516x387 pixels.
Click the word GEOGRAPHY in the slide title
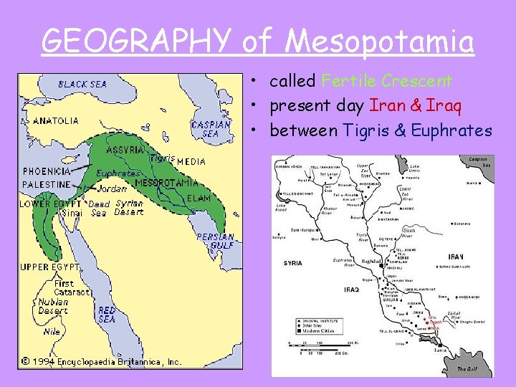[136, 41]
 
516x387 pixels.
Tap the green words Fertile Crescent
[386, 81]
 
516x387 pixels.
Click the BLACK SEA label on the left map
[82, 84]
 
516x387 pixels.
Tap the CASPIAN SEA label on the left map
[211, 129]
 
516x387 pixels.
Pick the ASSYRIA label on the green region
[125, 150]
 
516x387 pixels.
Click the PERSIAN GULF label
[216, 241]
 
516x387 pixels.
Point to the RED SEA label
[107, 315]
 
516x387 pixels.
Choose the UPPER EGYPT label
[44, 267]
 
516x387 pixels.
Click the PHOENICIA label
[47, 171]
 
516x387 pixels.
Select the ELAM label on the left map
[199, 198]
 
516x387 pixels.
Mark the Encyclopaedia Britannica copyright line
[100, 361]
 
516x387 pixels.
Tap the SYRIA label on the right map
[292, 263]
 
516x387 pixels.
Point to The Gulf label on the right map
[467, 369]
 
